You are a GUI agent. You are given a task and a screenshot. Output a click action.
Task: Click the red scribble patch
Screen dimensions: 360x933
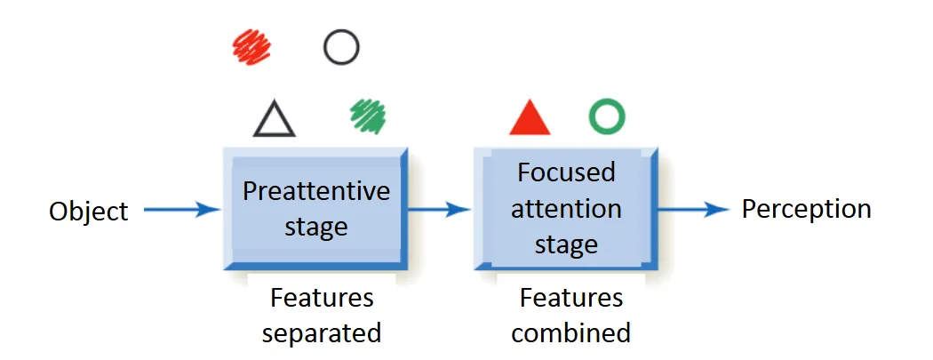click(x=251, y=46)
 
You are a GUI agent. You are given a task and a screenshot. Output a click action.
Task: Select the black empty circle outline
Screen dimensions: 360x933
click(x=341, y=47)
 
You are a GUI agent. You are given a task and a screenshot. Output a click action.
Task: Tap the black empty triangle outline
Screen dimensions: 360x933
click(x=274, y=119)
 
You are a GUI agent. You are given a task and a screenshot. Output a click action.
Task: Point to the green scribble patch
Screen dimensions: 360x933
click(x=368, y=116)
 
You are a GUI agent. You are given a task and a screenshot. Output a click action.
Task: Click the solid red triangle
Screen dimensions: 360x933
click(x=530, y=117)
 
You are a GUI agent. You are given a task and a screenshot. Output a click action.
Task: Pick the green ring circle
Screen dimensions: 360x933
click(x=607, y=116)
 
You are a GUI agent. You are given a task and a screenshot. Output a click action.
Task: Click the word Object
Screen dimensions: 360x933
click(x=89, y=212)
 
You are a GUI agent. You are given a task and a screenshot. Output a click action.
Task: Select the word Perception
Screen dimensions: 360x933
click(x=806, y=209)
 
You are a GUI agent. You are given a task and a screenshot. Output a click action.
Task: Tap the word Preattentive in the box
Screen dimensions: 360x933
click(x=316, y=191)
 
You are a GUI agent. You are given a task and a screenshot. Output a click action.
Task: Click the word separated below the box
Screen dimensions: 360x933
click(x=322, y=332)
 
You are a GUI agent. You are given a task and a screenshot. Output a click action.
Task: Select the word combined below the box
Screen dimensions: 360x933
click(x=570, y=332)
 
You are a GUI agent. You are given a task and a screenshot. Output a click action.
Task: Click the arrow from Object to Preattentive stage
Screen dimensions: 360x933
click(x=181, y=211)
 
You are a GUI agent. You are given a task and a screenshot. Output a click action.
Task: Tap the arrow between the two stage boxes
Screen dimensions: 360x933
click(x=437, y=211)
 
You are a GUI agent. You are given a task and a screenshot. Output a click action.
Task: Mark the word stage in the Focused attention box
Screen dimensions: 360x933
click(x=566, y=244)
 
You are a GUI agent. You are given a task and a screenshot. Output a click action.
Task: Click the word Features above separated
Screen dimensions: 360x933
click(x=322, y=297)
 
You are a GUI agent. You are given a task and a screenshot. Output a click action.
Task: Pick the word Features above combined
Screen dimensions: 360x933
click(x=571, y=297)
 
